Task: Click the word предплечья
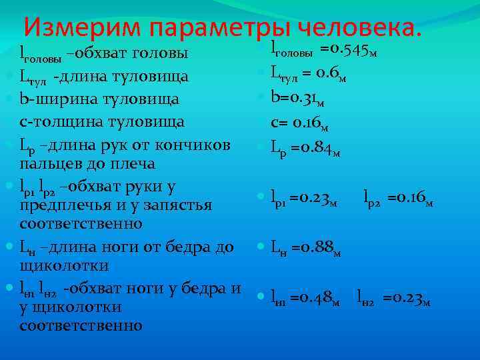coord(65,205)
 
